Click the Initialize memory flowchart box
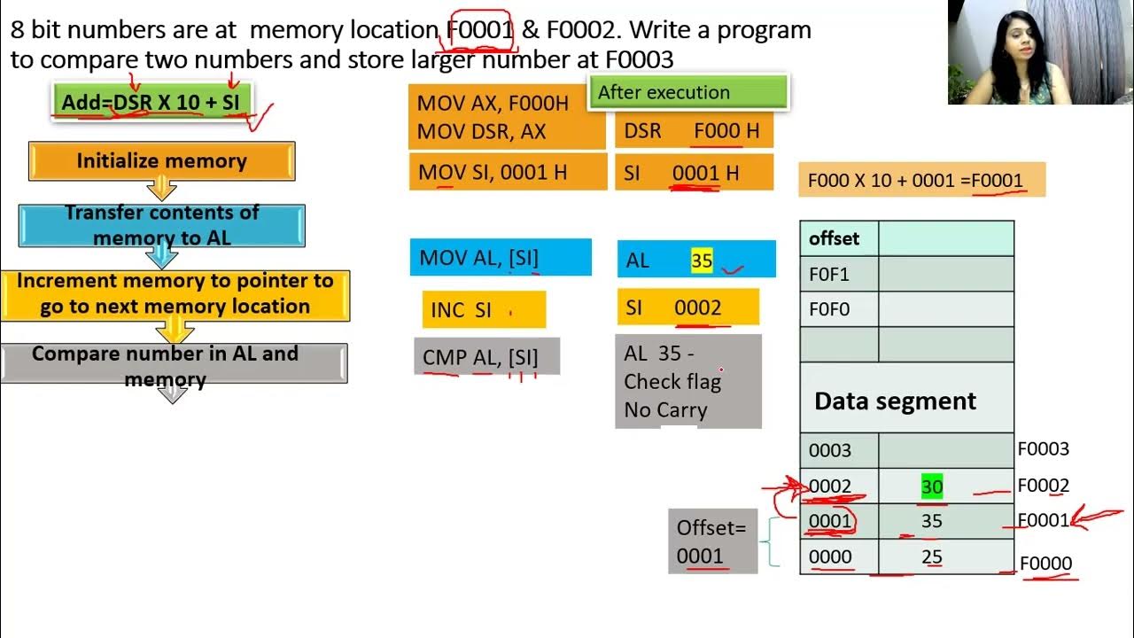[x=161, y=161]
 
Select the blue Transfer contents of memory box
[x=161, y=226]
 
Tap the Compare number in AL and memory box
[x=174, y=364]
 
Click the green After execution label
[x=687, y=92]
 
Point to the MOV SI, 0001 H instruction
[x=493, y=172]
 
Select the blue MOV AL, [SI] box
[x=500, y=258]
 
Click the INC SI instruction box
[x=483, y=310]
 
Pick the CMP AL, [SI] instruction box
[x=486, y=356]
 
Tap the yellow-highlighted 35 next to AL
[x=702, y=261]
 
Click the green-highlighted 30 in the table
[x=932, y=486]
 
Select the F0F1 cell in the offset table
[x=838, y=275]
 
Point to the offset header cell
[x=838, y=238]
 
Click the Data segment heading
[x=895, y=401]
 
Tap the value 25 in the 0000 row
[x=932, y=557]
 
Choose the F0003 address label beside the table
[x=1043, y=449]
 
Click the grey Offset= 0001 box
[x=712, y=541]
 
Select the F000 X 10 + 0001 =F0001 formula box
[x=921, y=180]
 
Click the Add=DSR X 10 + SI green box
[x=151, y=102]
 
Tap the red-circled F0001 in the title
[x=480, y=30]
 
